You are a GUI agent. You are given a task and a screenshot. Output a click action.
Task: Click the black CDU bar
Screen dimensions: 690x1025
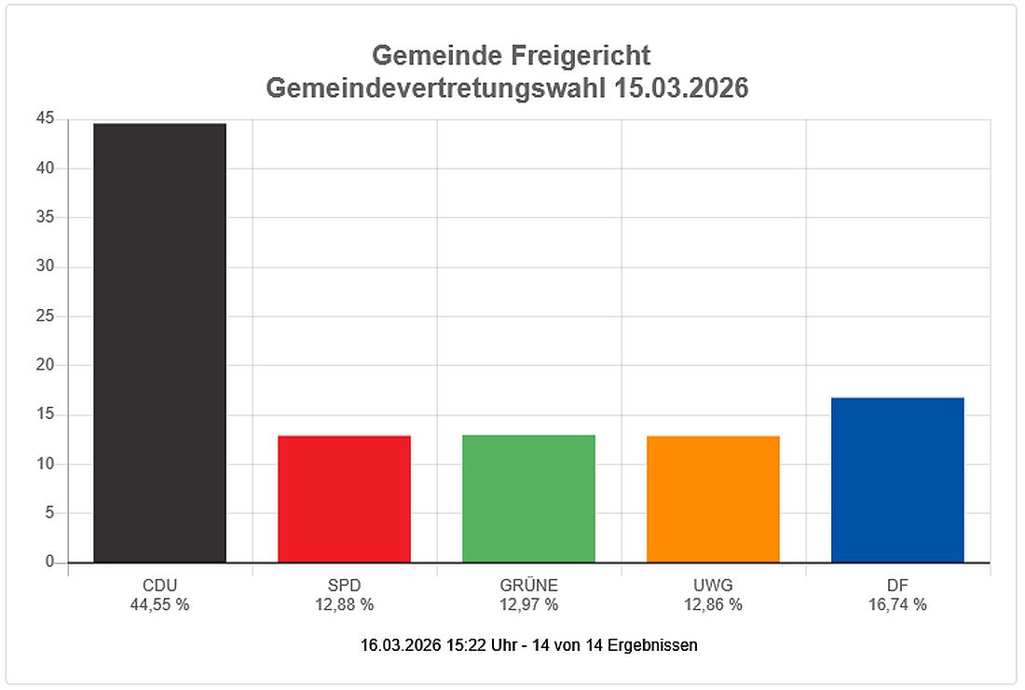[159, 343]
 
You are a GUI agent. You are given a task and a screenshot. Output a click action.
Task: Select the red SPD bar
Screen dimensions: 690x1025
[344, 499]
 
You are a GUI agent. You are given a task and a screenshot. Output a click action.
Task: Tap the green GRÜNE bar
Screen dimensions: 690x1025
[528, 499]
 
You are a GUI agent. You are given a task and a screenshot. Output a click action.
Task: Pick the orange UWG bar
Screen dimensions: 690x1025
[713, 499]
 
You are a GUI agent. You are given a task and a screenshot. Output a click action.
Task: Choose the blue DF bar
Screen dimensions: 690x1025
[897, 480]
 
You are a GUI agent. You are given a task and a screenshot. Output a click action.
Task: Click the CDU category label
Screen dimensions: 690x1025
[159, 586]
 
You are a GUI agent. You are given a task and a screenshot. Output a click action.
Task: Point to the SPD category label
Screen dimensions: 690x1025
[344, 586]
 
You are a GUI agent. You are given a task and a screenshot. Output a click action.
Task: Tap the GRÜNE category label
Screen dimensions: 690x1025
[528, 586]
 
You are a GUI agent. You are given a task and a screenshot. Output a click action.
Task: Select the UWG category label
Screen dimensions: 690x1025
[713, 586]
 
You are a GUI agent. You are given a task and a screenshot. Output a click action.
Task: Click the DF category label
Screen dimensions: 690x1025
[897, 586]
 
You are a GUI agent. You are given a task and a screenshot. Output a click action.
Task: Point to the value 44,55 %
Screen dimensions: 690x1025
[159, 604]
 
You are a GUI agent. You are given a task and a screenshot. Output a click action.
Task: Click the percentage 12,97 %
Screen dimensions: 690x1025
[528, 604]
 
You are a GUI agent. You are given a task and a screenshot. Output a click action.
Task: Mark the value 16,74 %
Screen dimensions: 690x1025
[897, 604]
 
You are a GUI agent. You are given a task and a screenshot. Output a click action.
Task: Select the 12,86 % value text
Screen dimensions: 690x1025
[713, 604]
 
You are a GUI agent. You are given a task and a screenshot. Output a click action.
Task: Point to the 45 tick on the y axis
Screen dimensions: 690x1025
[46, 119]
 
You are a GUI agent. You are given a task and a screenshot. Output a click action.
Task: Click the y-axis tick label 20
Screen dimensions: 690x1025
[46, 365]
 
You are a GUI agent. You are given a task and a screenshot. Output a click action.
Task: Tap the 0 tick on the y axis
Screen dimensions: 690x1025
[49, 562]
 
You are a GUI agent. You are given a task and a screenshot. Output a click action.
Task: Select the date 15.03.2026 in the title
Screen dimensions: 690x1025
[683, 88]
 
